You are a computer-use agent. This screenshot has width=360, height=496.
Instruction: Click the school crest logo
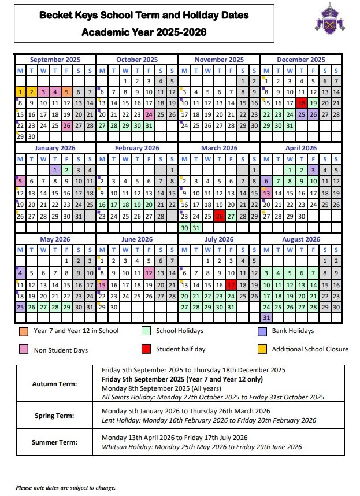point(326,17)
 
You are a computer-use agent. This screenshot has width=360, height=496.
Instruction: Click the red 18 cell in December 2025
point(301,102)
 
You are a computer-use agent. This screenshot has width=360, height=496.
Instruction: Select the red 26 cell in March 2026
point(219,216)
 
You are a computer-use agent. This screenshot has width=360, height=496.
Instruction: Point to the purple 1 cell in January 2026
point(55,170)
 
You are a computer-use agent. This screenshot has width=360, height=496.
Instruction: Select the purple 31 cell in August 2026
point(266,318)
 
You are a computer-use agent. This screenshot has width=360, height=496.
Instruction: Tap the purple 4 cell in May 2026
point(20,273)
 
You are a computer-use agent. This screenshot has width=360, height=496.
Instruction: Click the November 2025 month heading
point(219,60)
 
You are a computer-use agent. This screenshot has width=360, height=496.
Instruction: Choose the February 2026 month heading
point(137,148)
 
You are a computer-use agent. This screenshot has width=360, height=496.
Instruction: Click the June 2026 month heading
point(137,239)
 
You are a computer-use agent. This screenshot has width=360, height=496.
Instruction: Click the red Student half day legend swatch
point(146,349)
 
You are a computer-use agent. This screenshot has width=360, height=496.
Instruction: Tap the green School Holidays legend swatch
point(146,331)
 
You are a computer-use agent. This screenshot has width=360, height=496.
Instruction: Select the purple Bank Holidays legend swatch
point(262,331)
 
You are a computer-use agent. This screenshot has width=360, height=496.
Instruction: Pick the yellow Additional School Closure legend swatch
point(262,349)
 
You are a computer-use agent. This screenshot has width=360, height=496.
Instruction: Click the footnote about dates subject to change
point(65,487)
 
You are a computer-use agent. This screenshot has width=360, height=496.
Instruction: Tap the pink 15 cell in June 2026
point(102,285)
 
